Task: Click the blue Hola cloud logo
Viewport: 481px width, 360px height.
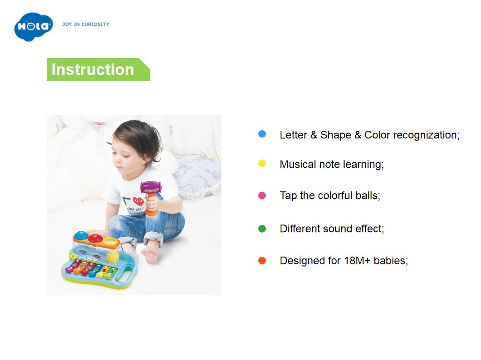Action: pyautogui.click(x=34, y=27)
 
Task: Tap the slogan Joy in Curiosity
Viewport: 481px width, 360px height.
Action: pyautogui.click(x=86, y=24)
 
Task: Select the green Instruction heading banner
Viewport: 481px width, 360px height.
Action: pyautogui.click(x=98, y=69)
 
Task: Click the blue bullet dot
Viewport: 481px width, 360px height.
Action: pyautogui.click(x=262, y=134)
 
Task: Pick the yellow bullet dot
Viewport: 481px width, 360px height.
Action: pyautogui.click(x=262, y=163)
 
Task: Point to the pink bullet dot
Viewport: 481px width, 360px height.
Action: pyautogui.click(x=262, y=195)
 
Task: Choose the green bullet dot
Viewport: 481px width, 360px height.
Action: pyautogui.click(x=262, y=229)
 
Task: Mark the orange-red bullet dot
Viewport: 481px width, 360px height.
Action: pyautogui.click(x=262, y=260)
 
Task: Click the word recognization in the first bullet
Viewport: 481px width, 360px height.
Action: pyautogui.click(x=426, y=135)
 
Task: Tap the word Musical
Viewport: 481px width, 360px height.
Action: pyautogui.click(x=298, y=164)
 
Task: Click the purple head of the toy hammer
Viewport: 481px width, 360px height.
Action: pyautogui.click(x=151, y=187)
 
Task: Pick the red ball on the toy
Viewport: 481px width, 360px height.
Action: pyautogui.click(x=96, y=238)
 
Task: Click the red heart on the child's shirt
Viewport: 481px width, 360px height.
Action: pyautogui.click(x=138, y=201)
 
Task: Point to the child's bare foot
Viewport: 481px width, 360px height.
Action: pyautogui.click(x=150, y=254)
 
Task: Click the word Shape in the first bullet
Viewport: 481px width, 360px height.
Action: pyautogui.click(x=336, y=135)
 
